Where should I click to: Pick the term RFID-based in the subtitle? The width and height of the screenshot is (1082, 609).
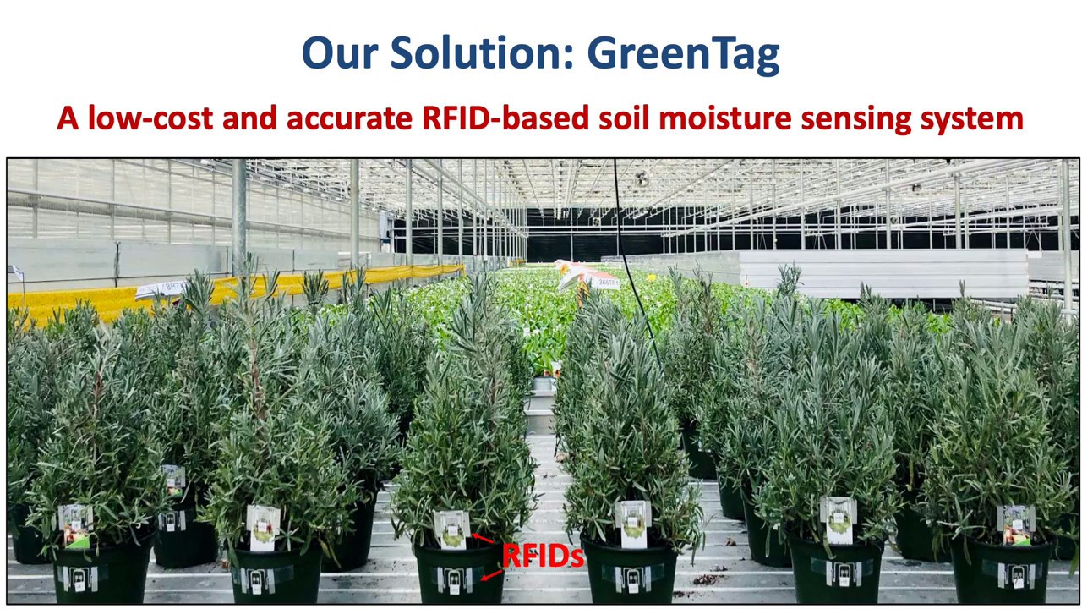(x=504, y=118)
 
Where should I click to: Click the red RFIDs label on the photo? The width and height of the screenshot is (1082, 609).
(x=543, y=556)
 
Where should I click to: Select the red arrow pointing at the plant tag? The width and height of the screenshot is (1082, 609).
(x=484, y=539)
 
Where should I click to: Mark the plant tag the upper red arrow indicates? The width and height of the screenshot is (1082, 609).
(x=451, y=529)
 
